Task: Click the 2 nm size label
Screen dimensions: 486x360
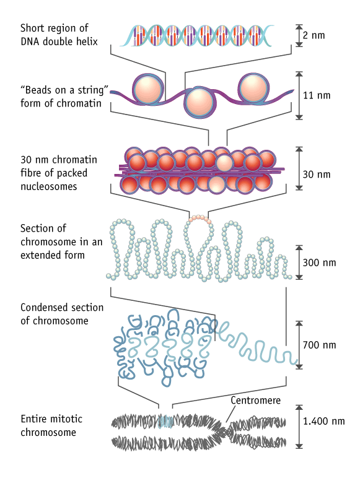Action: pos(314,35)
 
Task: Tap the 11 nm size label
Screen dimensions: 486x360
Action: pos(316,96)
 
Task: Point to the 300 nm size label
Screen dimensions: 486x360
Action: pos(319,263)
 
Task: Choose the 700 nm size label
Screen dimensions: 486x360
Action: pos(319,344)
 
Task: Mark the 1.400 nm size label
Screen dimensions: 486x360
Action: pos(323,422)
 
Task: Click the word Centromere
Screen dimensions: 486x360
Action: pos(255,401)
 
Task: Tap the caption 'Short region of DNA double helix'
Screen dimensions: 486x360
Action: pos(55,35)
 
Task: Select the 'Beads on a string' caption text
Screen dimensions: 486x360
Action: pos(64,98)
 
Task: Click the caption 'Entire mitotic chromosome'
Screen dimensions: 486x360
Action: pos(51,425)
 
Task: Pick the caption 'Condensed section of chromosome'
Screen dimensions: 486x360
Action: pos(62,314)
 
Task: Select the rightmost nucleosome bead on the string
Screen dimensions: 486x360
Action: pos(252,89)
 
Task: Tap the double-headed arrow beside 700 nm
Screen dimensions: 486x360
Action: pos(299,345)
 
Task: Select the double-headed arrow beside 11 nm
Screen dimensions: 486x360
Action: pos(299,96)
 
